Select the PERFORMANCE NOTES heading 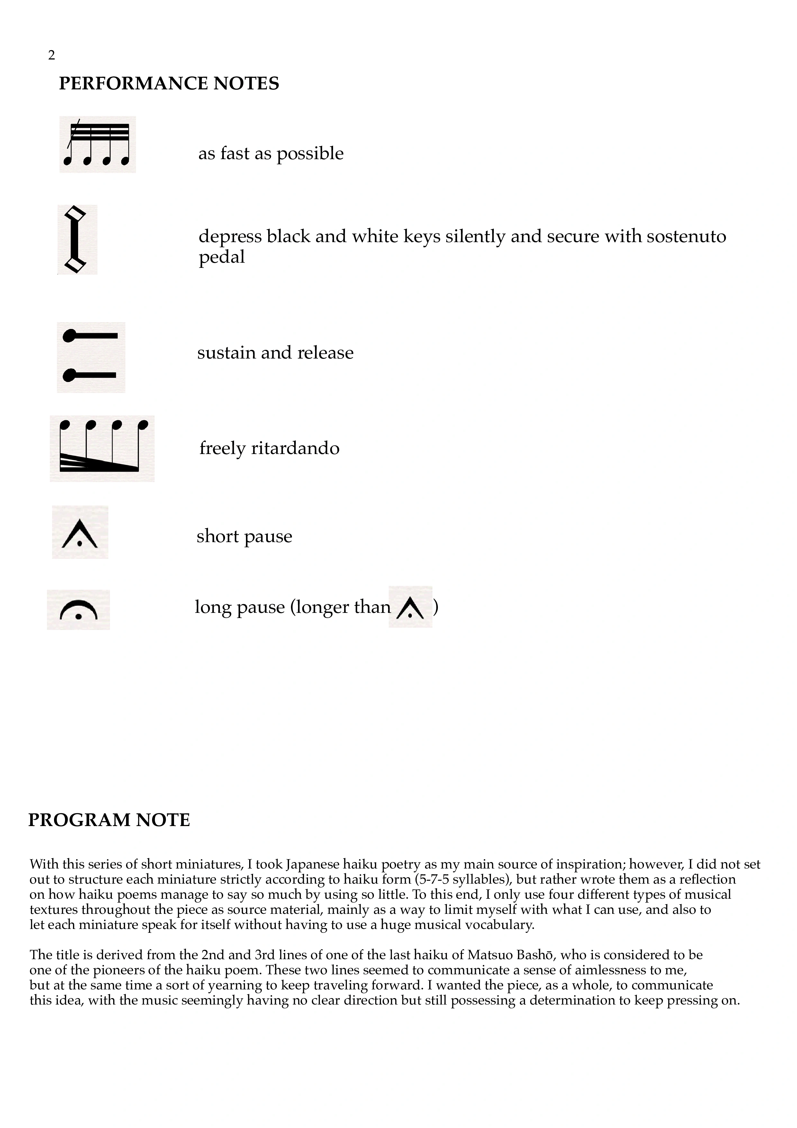[x=169, y=84]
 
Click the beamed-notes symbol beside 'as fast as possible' [x=98, y=144]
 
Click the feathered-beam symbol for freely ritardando [x=102, y=448]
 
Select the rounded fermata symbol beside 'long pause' [x=78, y=610]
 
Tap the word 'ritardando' [x=295, y=448]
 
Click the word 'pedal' [x=222, y=257]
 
